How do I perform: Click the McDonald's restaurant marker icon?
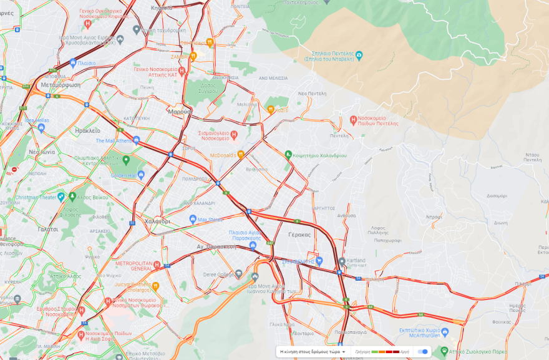pos(241,155)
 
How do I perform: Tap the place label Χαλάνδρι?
pos(157,221)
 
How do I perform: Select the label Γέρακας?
pos(299,235)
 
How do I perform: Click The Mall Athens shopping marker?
pos(137,140)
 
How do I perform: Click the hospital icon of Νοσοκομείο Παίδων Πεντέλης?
pos(353,119)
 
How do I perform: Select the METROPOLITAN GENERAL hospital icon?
pos(157,265)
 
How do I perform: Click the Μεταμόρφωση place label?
pos(60,84)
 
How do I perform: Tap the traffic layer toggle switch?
pos(423,352)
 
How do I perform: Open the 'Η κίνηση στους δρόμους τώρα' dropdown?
pos(313,352)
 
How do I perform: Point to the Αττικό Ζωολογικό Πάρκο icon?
pos(444,351)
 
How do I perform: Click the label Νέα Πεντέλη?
pos(313,92)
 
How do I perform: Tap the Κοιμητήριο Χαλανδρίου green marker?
pos(288,154)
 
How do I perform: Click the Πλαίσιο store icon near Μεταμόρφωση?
pos(73,63)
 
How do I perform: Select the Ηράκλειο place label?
pos(87,131)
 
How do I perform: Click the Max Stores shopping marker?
pos(193,219)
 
